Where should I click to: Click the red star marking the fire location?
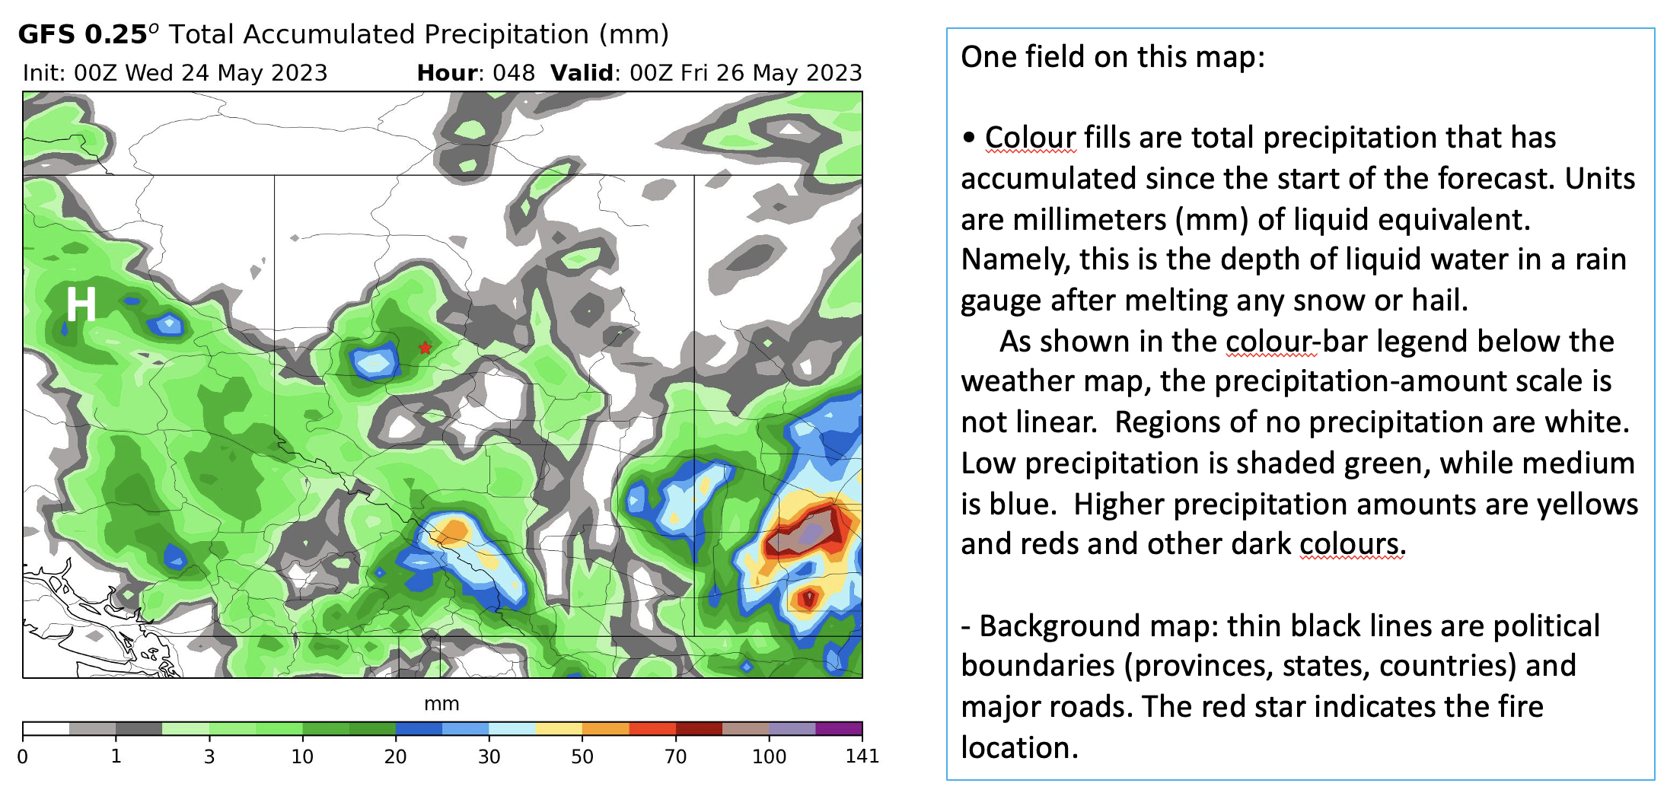pyautogui.click(x=425, y=348)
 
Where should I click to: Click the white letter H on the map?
pyautogui.click(x=81, y=304)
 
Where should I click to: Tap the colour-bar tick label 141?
pyautogui.click(x=862, y=756)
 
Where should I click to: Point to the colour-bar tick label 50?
pyautogui.click(x=582, y=756)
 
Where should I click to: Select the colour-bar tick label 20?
pyautogui.click(x=396, y=756)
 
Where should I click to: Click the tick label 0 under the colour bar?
pyautogui.click(x=23, y=756)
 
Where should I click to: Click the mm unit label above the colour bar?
pyautogui.click(x=441, y=704)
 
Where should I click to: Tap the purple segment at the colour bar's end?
pyautogui.click(x=839, y=728)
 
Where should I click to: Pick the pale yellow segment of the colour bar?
pyautogui.click(x=559, y=728)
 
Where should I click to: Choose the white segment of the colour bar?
pyautogui.click(x=46, y=728)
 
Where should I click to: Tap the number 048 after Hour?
pyautogui.click(x=514, y=73)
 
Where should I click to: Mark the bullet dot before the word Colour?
pyautogui.click(x=969, y=138)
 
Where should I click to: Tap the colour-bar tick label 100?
pyautogui.click(x=769, y=756)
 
